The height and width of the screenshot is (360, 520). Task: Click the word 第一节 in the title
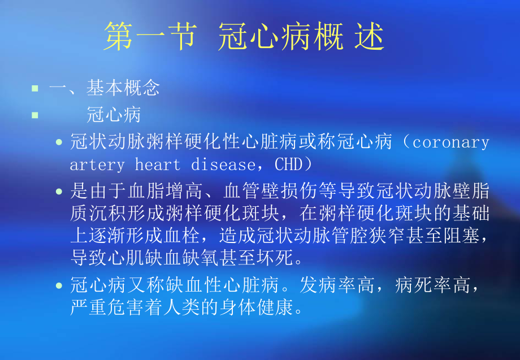pyautogui.click(x=150, y=37)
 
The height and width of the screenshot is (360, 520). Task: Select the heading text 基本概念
pyautogui.click(x=123, y=88)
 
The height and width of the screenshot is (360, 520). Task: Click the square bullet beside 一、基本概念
pyautogui.click(x=35, y=88)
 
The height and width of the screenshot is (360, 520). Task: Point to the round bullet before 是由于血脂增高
pyautogui.click(x=59, y=192)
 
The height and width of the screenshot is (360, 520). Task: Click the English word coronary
pyautogui.click(x=451, y=142)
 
